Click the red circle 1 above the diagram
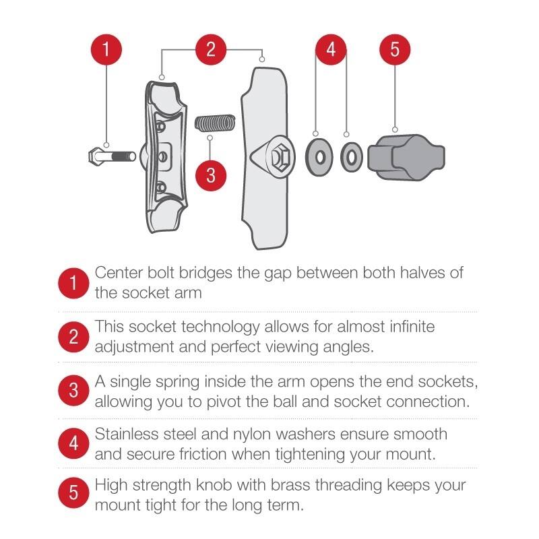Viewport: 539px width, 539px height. point(106,50)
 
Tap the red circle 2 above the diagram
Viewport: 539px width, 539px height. point(211,50)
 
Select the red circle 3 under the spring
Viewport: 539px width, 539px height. point(211,175)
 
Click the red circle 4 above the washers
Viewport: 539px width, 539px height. point(331,50)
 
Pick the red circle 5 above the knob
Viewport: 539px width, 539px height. point(395,50)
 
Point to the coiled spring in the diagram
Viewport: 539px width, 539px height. point(214,123)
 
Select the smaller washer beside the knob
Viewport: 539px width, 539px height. point(350,157)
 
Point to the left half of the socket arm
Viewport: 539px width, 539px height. point(163,155)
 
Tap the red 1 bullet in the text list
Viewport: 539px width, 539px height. point(73,284)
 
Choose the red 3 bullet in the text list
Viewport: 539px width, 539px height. point(73,390)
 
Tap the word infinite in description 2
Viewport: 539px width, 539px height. point(408,327)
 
